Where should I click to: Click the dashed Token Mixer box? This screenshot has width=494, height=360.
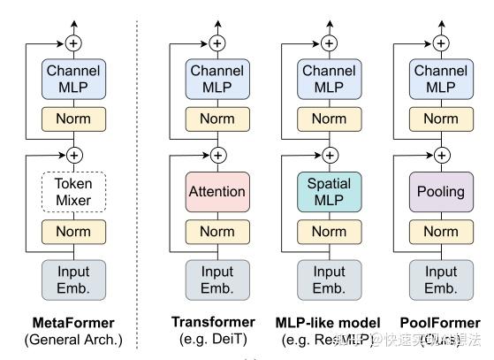(74, 192)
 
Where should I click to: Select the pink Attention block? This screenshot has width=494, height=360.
(217, 192)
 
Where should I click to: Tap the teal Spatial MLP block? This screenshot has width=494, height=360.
(329, 192)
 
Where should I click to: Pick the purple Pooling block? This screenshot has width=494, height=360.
(440, 192)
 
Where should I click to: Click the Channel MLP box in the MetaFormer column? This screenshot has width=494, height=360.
(74, 77)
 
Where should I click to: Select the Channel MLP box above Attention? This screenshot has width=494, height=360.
(217, 77)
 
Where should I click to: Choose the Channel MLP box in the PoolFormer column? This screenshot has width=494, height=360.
(440, 77)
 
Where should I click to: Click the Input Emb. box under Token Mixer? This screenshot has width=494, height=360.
(74, 279)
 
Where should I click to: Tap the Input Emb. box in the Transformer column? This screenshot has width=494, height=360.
(217, 279)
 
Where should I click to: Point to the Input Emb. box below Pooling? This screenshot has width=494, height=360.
(440, 279)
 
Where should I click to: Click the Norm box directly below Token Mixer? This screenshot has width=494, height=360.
(74, 233)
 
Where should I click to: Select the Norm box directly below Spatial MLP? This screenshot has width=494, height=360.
(329, 233)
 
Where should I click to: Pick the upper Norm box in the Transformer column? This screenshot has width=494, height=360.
(217, 118)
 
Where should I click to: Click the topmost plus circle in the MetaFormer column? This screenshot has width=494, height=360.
(74, 42)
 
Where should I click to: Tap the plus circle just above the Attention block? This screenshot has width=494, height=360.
(217, 156)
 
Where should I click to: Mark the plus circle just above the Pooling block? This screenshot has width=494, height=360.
(440, 156)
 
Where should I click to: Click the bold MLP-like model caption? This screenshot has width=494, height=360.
(329, 323)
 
